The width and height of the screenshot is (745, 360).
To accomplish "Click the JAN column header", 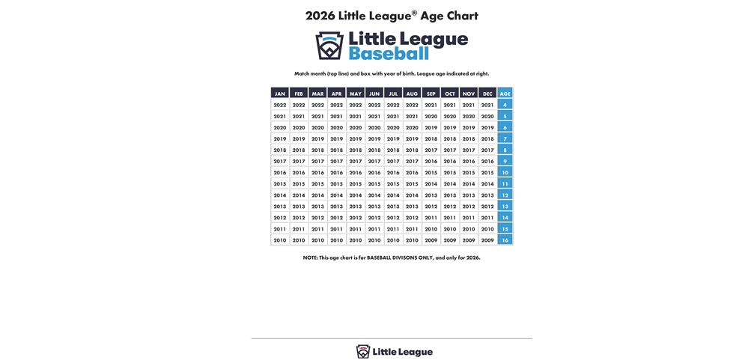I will pyautogui.click(x=280, y=94).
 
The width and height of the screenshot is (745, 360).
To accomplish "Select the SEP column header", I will pyautogui.click(x=431, y=94).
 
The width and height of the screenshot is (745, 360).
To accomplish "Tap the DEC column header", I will pyautogui.click(x=487, y=94).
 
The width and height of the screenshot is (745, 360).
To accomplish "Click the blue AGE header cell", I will pyautogui.click(x=505, y=94).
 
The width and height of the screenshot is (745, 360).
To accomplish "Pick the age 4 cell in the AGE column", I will pyautogui.click(x=505, y=105).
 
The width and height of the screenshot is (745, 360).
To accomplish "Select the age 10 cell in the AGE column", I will pyautogui.click(x=505, y=172).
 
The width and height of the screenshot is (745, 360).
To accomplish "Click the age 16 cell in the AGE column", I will pyautogui.click(x=505, y=240).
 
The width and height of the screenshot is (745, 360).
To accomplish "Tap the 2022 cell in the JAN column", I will pyautogui.click(x=280, y=105).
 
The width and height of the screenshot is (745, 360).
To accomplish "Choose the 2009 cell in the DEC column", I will pyautogui.click(x=487, y=240).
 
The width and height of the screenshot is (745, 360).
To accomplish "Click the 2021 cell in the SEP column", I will pyautogui.click(x=431, y=105).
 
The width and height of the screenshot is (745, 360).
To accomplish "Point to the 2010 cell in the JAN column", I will pyautogui.click(x=280, y=240).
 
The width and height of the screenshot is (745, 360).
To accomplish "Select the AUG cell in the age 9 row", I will pyautogui.click(x=412, y=161).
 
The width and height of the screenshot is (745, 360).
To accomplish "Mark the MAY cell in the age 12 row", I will pyautogui.click(x=356, y=195).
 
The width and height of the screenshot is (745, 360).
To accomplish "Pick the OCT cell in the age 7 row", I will pyautogui.click(x=449, y=138).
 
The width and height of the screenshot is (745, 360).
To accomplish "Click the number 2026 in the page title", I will pyautogui.click(x=320, y=16).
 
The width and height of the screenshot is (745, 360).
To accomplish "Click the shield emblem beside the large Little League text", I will pyautogui.click(x=329, y=46).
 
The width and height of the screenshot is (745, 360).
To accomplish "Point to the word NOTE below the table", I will pyautogui.click(x=310, y=257).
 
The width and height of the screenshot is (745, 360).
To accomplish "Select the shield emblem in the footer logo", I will pyautogui.click(x=363, y=352).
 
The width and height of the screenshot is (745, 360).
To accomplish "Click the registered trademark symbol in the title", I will pyautogui.click(x=414, y=12).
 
